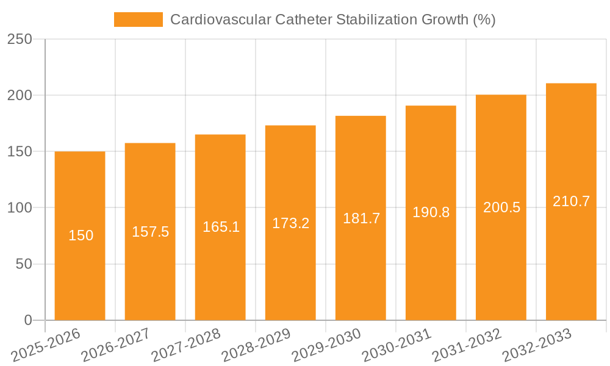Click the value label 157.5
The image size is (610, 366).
[x=150, y=232]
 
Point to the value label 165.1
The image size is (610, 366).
[x=220, y=228]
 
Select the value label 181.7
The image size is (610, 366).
[x=361, y=218]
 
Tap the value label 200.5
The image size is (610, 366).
[x=501, y=207]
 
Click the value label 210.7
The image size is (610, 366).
[x=571, y=201]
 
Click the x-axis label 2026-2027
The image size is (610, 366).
[x=117, y=345]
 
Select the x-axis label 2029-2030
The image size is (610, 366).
[x=327, y=345]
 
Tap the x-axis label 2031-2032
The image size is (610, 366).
[x=467, y=345]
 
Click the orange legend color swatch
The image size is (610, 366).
[x=138, y=20]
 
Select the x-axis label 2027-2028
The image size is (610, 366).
[x=187, y=345]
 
